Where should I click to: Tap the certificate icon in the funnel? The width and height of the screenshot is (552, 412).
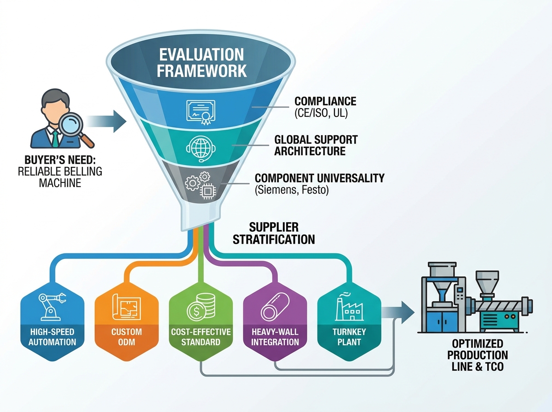pos(201,112)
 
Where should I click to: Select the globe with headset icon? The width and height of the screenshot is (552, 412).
pos(201,149)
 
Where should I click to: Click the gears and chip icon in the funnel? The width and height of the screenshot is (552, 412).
pos(201,185)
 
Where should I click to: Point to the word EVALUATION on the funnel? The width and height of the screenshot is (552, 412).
pos(201,55)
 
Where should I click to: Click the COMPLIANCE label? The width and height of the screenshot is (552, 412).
pos(325,101)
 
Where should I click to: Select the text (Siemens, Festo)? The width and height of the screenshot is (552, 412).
pos(292,190)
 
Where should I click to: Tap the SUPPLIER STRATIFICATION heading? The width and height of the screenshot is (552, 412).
pos(274,233)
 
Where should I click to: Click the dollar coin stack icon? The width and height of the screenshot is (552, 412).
pos(201,307)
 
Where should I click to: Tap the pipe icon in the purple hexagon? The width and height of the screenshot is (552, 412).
pos(275,307)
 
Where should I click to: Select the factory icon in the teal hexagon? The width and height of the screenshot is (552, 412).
pos(349,307)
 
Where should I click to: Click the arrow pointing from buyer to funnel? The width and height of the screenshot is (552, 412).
pos(107,121)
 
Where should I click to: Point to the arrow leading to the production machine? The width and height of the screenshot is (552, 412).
pos(398,313)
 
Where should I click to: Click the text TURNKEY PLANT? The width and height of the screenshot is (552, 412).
pos(349,337)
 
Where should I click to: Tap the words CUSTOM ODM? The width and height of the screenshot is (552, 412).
pos(126,337)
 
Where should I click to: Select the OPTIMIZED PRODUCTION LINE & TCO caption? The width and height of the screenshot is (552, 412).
pos(477,355)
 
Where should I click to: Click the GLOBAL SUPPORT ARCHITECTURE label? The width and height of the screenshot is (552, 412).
pos(316,145)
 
